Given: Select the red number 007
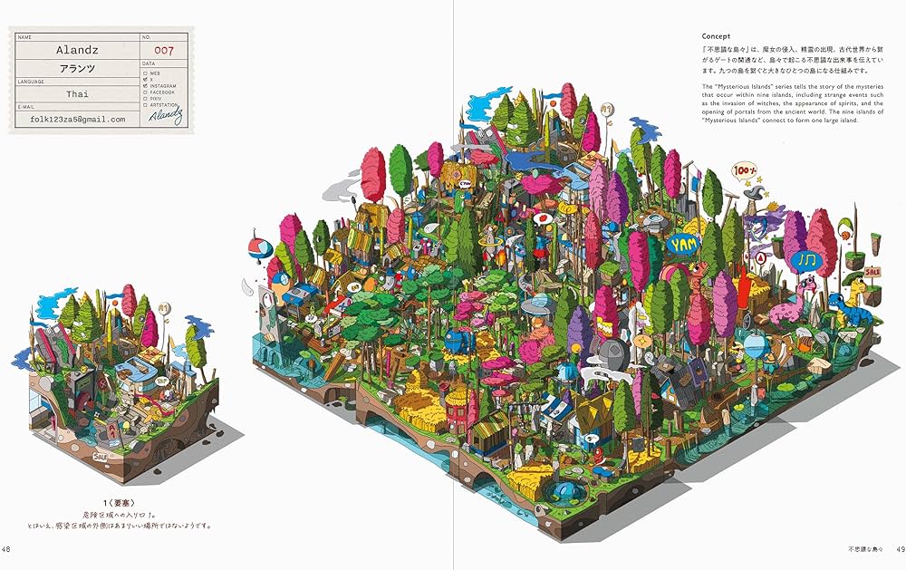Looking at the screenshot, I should tap(165, 51).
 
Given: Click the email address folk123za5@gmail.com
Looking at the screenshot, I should tap(78, 119).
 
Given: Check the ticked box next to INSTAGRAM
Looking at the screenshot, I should tap(145, 85).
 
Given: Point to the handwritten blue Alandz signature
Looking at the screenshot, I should tap(168, 115).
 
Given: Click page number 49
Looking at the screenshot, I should tap(898, 548).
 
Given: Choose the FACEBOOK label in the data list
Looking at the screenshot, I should tap(164, 92).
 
